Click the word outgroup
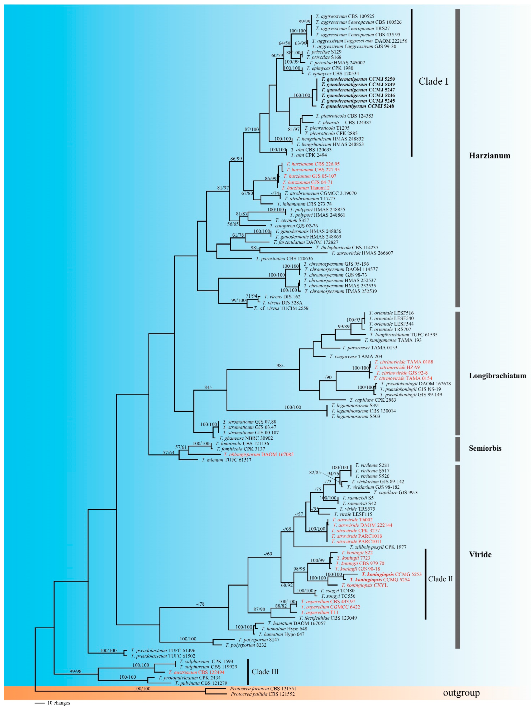tap(461, 693)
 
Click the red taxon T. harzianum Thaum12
tap(306, 188)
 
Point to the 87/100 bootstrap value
tap(252, 129)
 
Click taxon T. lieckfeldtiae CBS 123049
tap(328, 618)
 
